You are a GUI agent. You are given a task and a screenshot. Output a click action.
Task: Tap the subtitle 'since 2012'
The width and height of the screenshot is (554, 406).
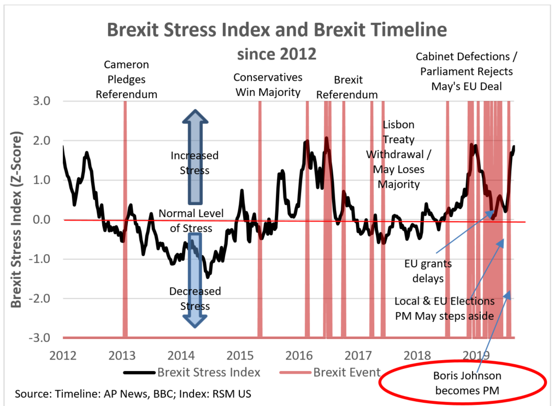click(277, 53)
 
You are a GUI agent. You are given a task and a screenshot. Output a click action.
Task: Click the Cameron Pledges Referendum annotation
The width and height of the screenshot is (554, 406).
click(126, 79)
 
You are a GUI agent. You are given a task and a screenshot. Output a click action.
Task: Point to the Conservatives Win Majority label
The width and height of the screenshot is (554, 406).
click(268, 85)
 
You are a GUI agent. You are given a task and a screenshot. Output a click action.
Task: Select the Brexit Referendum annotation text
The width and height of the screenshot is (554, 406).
click(347, 87)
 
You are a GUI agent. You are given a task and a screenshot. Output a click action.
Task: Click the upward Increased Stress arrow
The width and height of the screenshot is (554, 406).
click(195, 156)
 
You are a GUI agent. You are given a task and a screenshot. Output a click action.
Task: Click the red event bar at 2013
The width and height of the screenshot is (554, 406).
click(125, 218)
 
